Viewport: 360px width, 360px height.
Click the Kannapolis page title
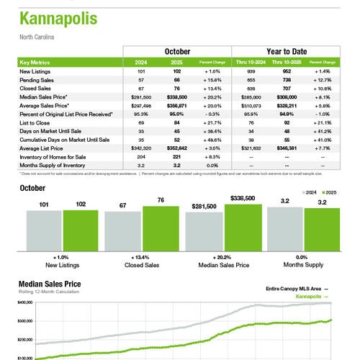click(x=58, y=18)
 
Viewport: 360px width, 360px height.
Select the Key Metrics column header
click(x=37, y=63)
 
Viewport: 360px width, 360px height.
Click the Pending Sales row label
click(x=40, y=81)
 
